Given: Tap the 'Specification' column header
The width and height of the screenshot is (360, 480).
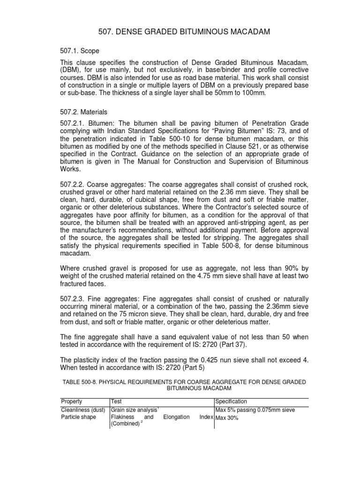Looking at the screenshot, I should [231, 402].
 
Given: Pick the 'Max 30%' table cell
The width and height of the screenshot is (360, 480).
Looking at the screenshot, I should [227, 418].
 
